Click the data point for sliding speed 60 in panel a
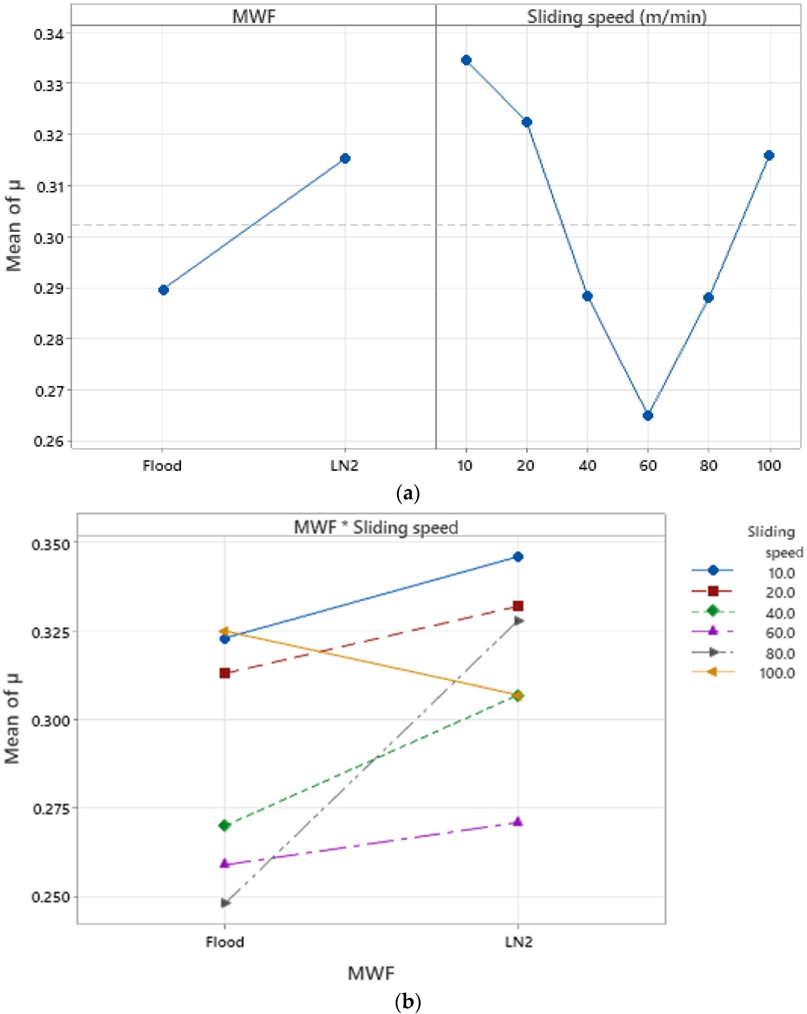648,415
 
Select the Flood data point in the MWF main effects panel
163,290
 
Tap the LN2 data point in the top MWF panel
345,159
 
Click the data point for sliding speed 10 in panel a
466,60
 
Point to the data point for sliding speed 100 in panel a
769,156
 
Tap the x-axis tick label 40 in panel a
587,466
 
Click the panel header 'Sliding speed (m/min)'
616,17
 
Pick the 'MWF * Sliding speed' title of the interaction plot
375,527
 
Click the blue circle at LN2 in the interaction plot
518,557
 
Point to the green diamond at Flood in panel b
225,825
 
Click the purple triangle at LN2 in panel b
518,822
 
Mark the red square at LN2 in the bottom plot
518,606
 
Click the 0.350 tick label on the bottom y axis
50,544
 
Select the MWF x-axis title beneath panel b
371,973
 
